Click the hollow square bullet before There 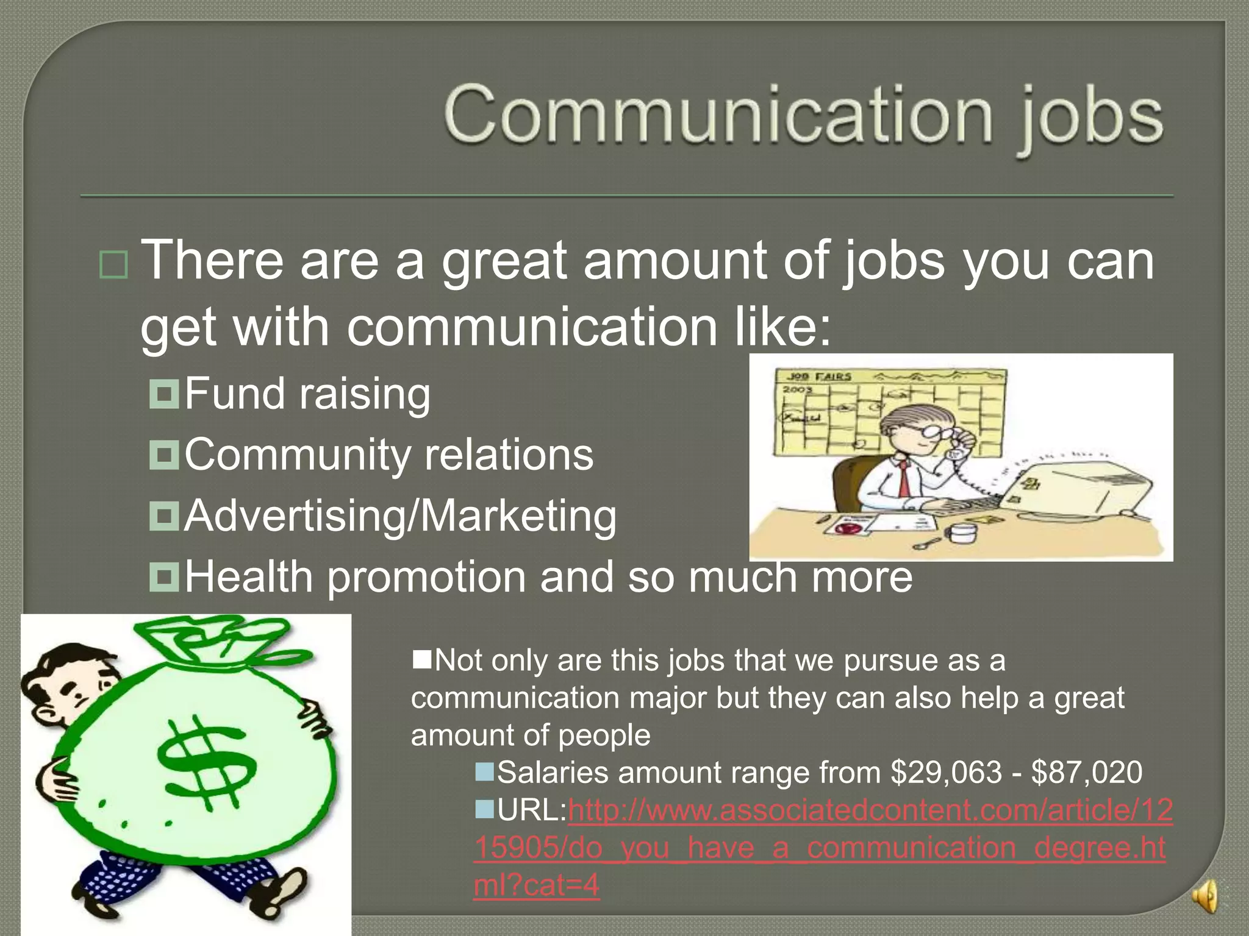click(113, 264)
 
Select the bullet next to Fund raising click(164, 394)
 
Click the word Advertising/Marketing click(400, 516)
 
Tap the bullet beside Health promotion click(164, 576)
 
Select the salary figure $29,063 click(946, 773)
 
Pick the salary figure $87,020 click(1086, 773)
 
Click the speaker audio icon click(1205, 896)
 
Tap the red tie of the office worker click(903, 479)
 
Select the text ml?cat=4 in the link click(537, 885)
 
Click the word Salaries click(553, 773)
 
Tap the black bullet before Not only click(422, 659)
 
